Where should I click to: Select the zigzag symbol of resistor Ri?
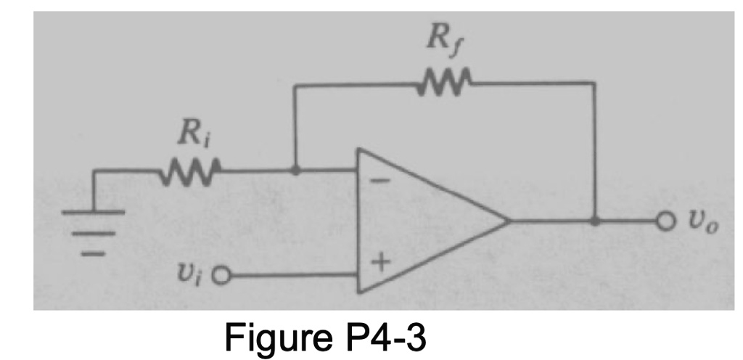coord(191,172)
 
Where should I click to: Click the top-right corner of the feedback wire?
coord(595,83)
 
